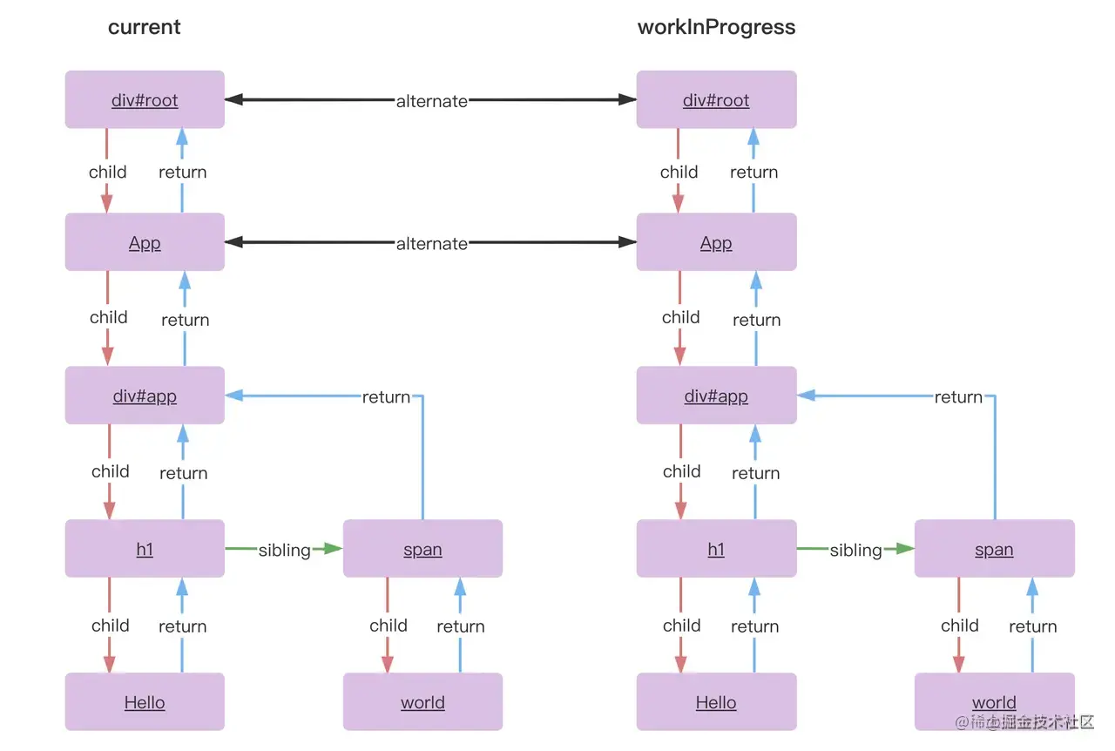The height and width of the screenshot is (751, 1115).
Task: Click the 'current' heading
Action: click(145, 27)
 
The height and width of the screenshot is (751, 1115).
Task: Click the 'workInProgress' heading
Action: click(716, 27)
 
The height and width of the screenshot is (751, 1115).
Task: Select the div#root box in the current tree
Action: click(145, 100)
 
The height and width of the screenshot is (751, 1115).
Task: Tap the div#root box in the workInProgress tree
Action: click(716, 100)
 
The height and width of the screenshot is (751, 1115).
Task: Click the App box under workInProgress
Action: click(716, 243)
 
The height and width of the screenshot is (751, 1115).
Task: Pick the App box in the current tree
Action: click(145, 243)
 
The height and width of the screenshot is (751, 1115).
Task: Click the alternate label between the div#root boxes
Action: click(432, 101)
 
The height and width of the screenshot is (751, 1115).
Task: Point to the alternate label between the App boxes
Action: click(432, 244)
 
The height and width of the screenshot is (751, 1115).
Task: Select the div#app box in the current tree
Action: click(145, 396)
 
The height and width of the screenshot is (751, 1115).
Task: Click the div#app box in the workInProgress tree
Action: click(716, 396)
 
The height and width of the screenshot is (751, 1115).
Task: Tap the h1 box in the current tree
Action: click(145, 550)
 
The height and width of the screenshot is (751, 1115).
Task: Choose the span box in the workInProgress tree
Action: click(994, 550)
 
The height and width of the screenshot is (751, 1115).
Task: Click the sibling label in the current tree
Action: click(285, 550)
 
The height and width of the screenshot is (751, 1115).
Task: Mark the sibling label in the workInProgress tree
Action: click(855, 550)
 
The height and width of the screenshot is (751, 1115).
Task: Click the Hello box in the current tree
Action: click(145, 702)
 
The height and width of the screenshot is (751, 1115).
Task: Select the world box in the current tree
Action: click(422, 702)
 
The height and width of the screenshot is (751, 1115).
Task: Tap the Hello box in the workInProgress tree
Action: click(716, 702)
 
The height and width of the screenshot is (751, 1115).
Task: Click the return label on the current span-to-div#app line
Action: click(386, 397)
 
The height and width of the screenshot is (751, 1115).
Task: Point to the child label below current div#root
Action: click(108, 172)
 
